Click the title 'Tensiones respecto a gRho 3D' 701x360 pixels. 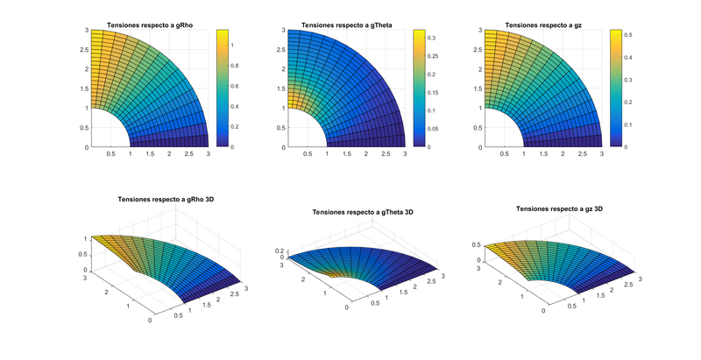166,200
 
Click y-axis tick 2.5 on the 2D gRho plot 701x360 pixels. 81,48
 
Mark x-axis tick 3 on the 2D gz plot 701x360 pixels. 601,154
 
